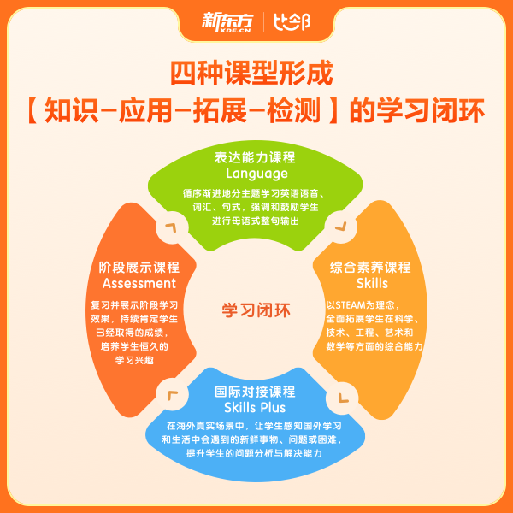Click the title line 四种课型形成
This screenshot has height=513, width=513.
point(256,74)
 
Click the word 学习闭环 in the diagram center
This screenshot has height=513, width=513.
point(256,309)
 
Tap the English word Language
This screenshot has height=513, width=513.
point(256,174)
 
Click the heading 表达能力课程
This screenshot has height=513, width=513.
point(256,157)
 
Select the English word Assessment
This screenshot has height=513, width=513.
point(139,283)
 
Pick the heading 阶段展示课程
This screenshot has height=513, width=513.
point(139,267)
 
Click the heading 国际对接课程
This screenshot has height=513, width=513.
point(255,392)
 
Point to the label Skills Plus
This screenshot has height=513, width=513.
point(255,408)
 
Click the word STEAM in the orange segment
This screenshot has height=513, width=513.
point(353,304)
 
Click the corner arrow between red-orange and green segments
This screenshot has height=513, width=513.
point(172,228)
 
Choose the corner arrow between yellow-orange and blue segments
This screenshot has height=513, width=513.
point(340,396)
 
